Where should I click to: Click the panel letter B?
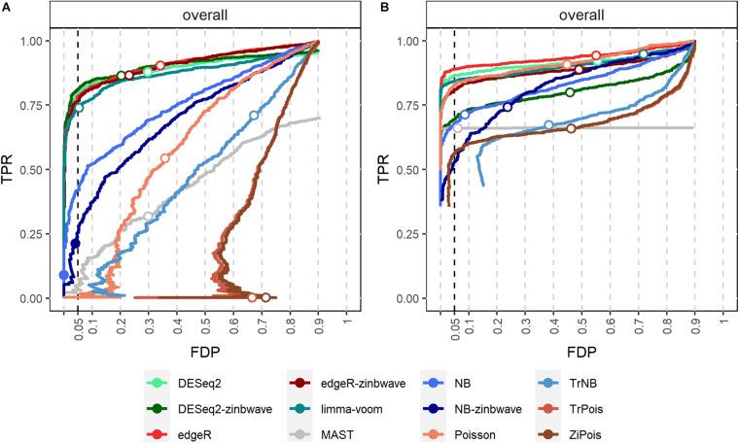tap(386, 8)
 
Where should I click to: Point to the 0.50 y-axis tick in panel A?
tap(43, 169)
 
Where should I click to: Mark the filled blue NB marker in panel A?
tap(64, 275)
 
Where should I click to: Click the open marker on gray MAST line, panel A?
tap(148, 217)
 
